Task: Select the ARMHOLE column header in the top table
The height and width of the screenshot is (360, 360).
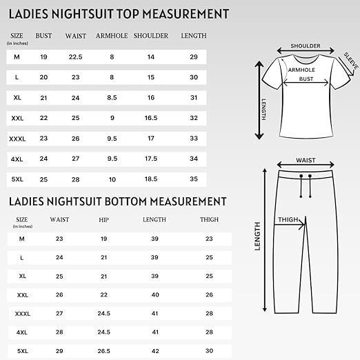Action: click(112, 36)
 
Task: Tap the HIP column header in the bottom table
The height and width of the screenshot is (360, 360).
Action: click(104, 220)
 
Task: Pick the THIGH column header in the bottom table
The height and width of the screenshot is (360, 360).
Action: click(209, 220)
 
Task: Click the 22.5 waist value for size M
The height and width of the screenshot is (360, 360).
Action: click(76, 57)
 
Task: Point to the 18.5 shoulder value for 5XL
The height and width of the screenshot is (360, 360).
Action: click(151, 179)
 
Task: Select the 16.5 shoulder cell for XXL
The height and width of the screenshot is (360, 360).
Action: click(151, 118)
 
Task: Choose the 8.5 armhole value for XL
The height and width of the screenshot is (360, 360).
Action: click(112, 98)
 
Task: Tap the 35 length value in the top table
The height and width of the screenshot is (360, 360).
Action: click(194, 179)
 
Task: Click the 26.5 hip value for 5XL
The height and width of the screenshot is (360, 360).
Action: click(104, 351)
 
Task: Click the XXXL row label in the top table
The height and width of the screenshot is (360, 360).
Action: click(17, 139)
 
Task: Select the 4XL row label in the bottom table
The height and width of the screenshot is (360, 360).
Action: click(21, 332)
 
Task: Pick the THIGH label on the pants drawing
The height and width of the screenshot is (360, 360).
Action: click(288, 221)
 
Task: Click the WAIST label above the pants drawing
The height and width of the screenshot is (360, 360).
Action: click(306, 161)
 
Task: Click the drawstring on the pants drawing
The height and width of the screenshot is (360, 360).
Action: click(306, 185)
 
